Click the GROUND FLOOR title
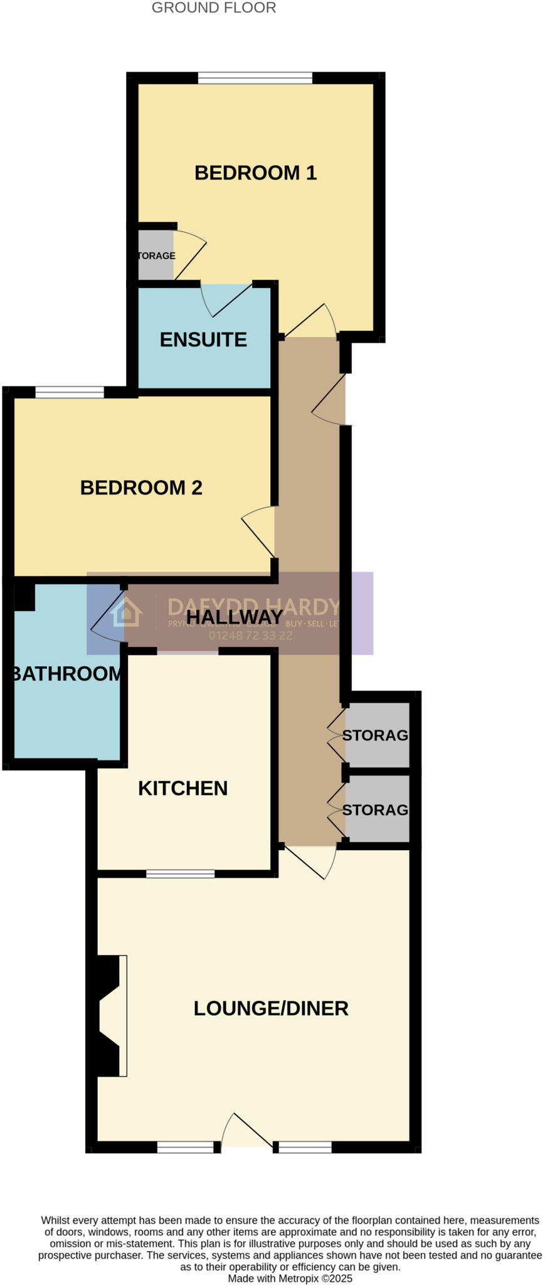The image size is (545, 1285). click(x=214, y=8)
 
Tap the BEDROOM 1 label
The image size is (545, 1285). click(x=255, y=173)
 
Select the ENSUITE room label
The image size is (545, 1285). click(x=203, y=339)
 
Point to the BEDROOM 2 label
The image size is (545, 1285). click(x=141, y=488)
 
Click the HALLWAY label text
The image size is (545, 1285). click(x=235, y=617)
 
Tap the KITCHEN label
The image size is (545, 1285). click(x=183, y=788)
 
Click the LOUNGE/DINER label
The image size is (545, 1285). click(x=271, y=1008)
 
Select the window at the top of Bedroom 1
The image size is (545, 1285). click(x=255, y=78)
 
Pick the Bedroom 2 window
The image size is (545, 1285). click(x=70, y=393)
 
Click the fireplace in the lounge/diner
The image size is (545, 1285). click(x=110, y=1016)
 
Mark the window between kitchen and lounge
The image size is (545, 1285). click(x=180, y=874)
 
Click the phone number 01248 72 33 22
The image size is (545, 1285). click(x=250, y=636)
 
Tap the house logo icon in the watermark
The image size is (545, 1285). click(x=126, y=612)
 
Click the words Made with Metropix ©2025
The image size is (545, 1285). click(x=290, y=1278)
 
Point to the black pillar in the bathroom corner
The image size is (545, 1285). click(x=24, y=597)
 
